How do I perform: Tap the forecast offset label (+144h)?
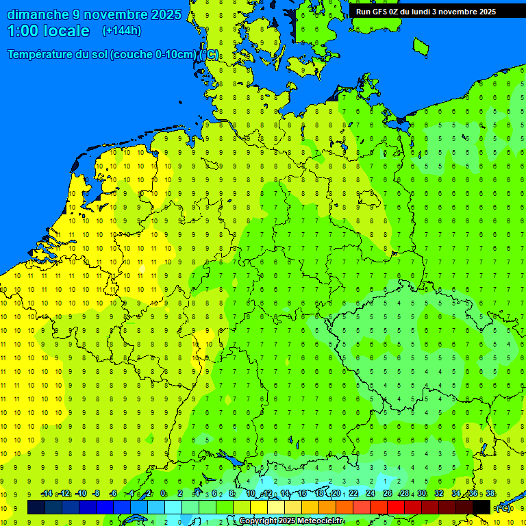tap(122, 30)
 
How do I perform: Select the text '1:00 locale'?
tap(48, 31)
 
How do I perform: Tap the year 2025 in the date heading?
tap(166, 14)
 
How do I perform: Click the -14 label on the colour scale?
tap(47, 493)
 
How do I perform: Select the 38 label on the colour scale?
tap(490, 493)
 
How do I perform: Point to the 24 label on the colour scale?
tap(371, 493)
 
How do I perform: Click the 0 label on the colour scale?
tap(164, 493)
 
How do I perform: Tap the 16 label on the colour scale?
tap(302, 493)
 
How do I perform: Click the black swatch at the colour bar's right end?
tap(481, 507)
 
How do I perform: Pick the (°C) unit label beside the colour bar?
tap(503, 508)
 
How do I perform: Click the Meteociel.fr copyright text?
tap(292, 521)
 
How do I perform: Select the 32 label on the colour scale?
tap(439, 493)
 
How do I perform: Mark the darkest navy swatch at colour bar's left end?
tap(36, 507)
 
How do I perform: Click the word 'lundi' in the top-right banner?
tap(419, 12)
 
